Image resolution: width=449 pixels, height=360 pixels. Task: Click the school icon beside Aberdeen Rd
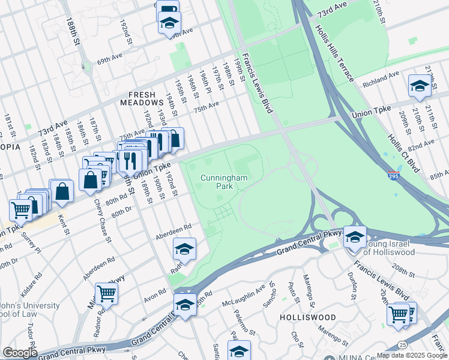tap(184, 249)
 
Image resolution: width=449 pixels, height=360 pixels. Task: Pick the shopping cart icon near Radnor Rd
tap(106, 293)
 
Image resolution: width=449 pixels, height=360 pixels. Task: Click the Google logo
tap(20, 353)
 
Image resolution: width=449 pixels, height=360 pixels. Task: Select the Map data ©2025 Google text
tap(412, 355)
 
